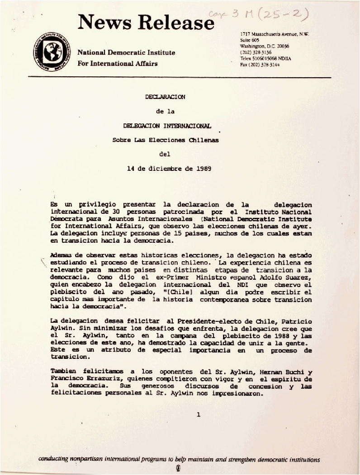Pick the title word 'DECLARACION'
pyautogui.click(x=165, y=97)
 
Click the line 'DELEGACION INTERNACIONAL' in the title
pyautogui.click(x=167, y=126)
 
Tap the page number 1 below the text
pyautogui.click(x=198, y=414)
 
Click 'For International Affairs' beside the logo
pyautogui.click(x=118, y=63)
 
